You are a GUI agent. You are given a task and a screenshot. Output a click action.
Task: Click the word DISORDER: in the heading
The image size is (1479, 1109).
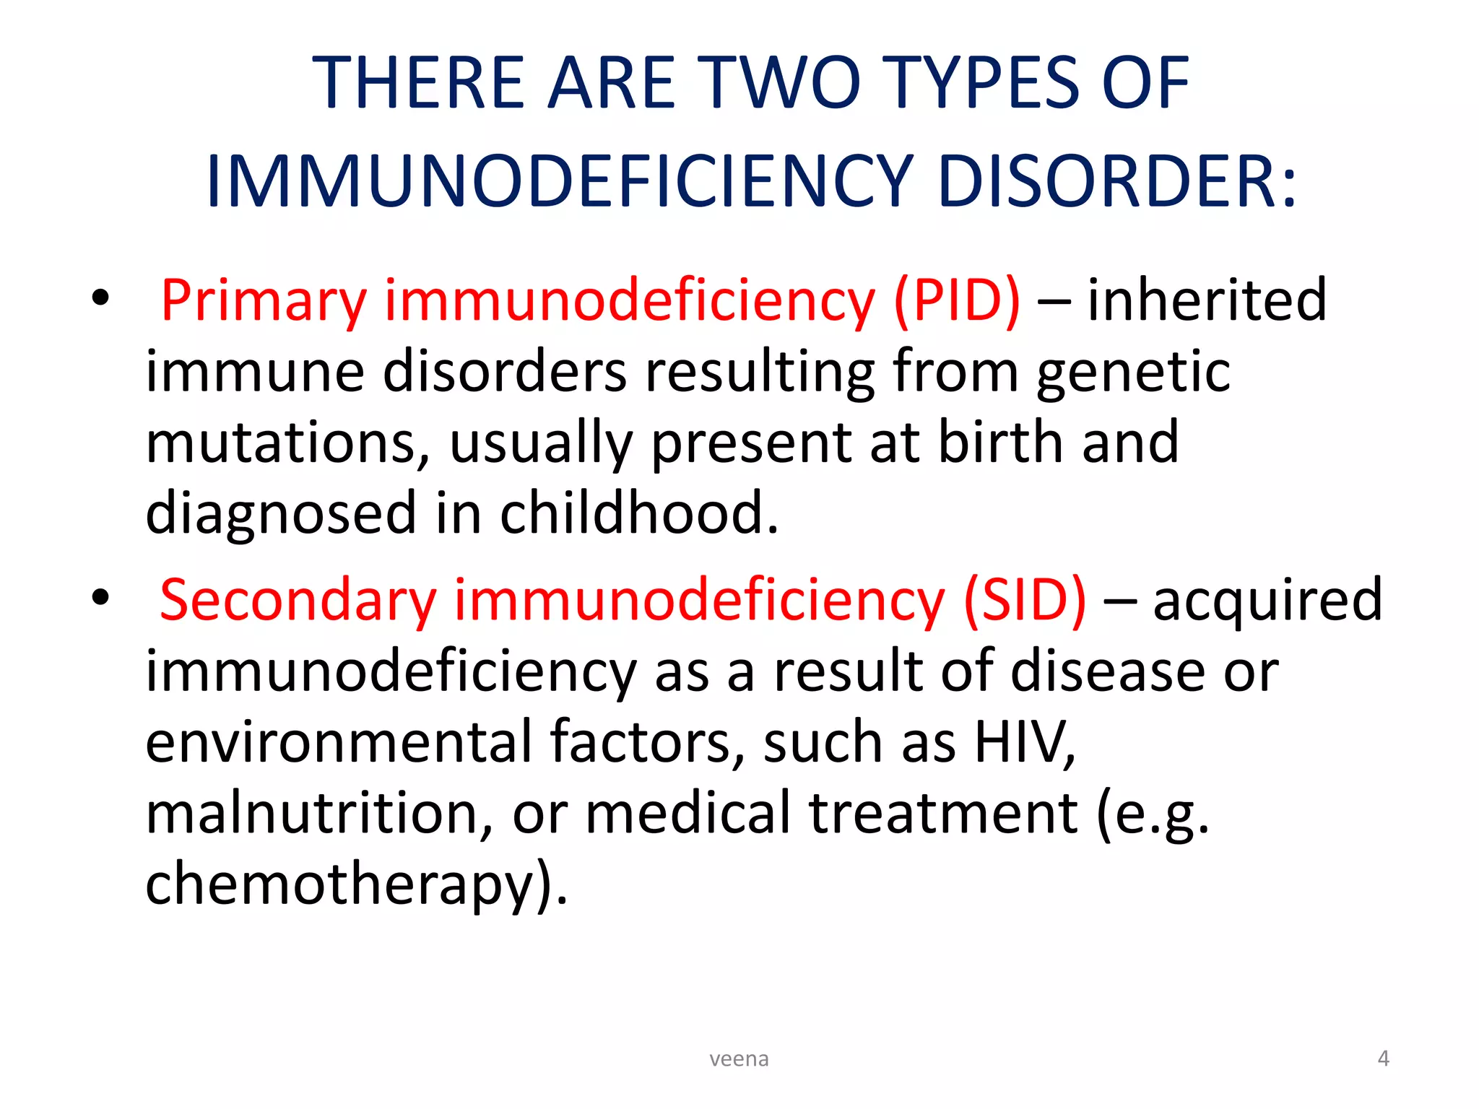1116,181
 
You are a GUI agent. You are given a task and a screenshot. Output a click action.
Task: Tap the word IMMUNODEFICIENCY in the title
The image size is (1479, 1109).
560,181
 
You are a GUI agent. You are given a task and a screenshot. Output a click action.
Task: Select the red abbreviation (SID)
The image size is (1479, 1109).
1025,600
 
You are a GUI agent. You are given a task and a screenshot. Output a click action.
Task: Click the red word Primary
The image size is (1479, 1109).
264,301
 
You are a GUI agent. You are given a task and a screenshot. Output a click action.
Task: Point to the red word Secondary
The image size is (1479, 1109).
298,600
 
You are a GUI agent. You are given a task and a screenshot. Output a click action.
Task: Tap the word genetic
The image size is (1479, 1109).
1134,372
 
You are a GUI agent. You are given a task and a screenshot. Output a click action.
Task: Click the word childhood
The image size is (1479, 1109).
639,513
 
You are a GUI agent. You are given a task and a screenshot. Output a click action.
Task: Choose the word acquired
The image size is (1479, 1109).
1267,600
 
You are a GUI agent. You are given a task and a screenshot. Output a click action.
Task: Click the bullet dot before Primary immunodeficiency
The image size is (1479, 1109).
100,297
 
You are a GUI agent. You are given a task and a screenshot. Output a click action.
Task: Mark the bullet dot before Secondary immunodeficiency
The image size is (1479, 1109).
100,597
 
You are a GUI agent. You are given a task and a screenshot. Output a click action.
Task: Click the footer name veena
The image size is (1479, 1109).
739,1059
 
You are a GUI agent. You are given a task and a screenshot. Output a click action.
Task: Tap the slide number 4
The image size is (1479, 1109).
1383,1058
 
